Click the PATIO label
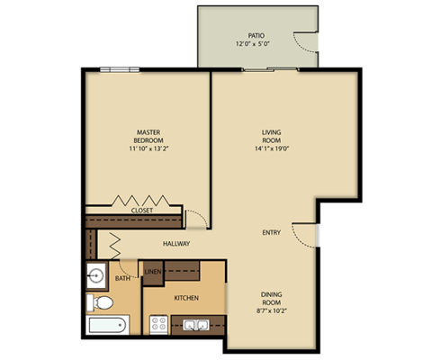tap(256, 34)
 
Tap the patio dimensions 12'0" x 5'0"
tap(256, 43)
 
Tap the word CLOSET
tap(141, 210)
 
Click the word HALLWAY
tap(175, 244)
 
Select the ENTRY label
tap(271, 232)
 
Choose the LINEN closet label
tap(153, 271)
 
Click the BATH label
tap(122, 279)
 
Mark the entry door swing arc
tap(308, 236)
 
